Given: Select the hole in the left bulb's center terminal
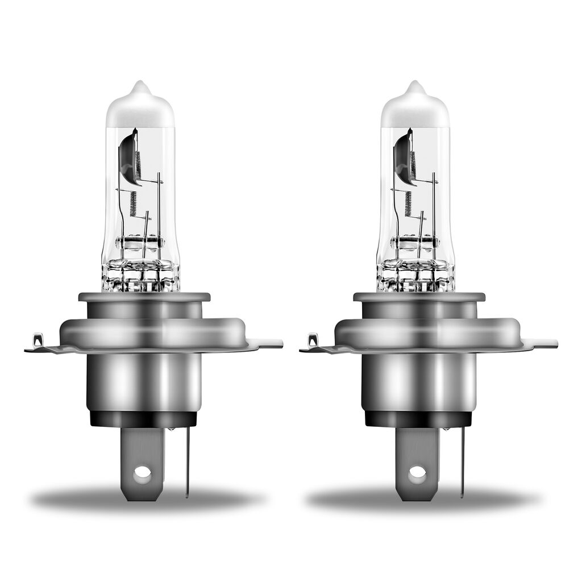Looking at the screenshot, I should coord(142,472).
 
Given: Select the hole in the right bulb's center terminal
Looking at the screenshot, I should coord(417,472).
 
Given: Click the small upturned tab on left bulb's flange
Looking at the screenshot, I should coord(38,340).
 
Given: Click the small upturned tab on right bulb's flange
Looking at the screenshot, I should coord(313,340).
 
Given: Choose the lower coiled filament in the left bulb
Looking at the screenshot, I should coord(133,203).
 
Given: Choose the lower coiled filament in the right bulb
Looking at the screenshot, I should coord(408,203).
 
